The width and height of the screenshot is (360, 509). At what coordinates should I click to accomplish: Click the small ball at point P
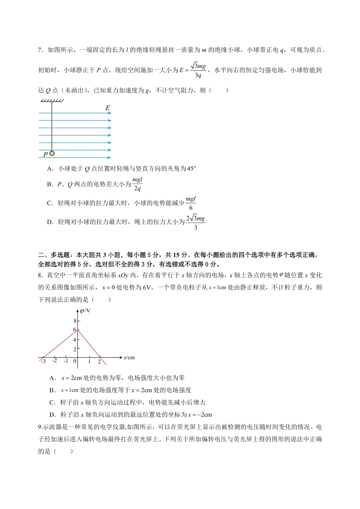tap(52, 153)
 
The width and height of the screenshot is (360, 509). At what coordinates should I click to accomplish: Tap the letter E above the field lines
tap(108, 108)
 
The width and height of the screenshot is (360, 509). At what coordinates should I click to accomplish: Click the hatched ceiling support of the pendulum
tap(52, 101)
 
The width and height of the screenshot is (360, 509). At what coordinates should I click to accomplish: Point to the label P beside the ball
tap(45, 155)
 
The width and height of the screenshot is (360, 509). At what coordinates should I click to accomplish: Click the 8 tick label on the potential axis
tap(75, 321)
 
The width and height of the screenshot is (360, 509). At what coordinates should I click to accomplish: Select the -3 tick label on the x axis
tap(43, 362)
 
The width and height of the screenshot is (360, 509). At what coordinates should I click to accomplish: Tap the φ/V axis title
tap(85, 311)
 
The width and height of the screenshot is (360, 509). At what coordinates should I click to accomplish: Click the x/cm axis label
tap(129, 358)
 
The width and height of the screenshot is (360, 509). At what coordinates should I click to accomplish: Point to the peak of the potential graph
tap(78, 330)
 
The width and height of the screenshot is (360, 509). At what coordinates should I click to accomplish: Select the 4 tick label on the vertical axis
tap(75, 340)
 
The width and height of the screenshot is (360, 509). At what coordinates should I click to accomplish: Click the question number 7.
tap(40, 50)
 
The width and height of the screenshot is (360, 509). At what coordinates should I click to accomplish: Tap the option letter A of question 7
tap(50, 169)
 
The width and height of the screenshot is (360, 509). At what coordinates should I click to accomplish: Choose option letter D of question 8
tap(53, 415)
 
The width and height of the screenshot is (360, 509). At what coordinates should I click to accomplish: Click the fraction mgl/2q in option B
tap(137, 184)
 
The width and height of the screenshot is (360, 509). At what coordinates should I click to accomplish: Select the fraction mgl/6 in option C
tap(191, 203)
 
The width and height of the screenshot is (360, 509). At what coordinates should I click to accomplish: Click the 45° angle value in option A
tap(191, 169)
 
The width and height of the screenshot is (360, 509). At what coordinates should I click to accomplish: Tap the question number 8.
tap(40, 275)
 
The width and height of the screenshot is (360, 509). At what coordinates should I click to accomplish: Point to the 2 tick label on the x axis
tap(99, 362)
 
